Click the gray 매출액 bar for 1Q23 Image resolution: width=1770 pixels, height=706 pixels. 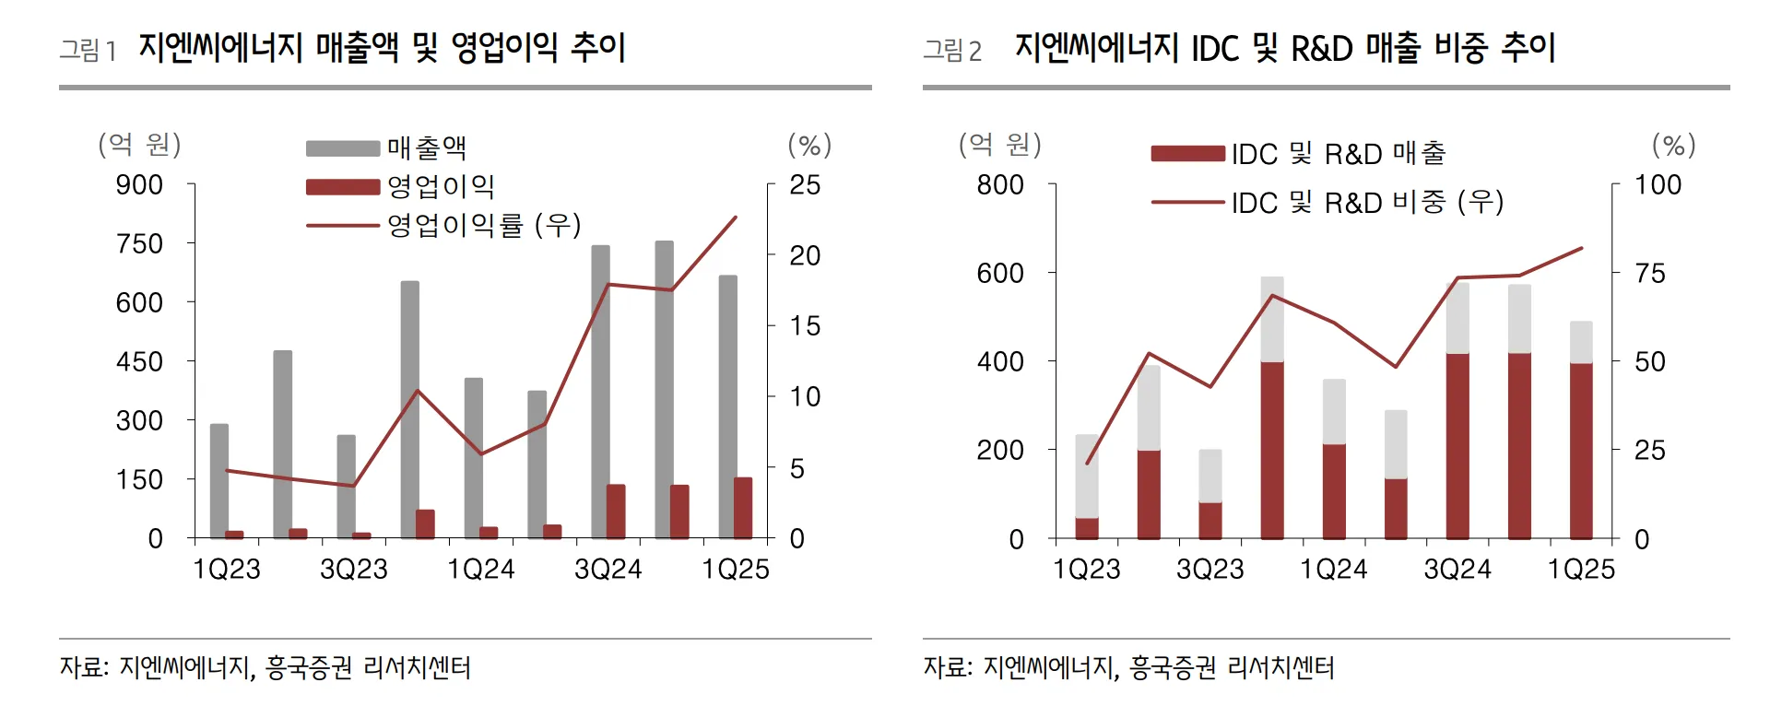click(218, 479)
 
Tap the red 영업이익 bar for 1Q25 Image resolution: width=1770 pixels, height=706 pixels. click(743, 507)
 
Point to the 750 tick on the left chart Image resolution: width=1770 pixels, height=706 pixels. click(139, 244)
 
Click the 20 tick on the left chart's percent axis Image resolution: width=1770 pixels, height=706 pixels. click(804, 255)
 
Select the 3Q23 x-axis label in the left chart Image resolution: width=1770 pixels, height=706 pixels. click(353, 570)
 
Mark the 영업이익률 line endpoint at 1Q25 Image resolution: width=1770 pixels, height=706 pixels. click(736, 218)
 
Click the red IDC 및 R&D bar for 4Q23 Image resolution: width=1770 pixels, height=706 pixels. click(1272, 450)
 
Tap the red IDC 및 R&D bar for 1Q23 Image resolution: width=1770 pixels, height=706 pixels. click(1087, 528)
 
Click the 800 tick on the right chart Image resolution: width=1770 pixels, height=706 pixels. click(1000, 185)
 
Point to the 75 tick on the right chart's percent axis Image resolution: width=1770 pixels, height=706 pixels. click(1650, 274)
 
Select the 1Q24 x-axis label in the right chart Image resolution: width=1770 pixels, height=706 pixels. click(1334, 570)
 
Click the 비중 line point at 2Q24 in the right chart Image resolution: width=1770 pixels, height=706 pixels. click(1396, 367)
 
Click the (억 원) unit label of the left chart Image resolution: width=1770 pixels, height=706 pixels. click(139, 144)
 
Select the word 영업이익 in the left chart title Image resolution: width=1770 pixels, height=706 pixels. click(504, 47)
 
